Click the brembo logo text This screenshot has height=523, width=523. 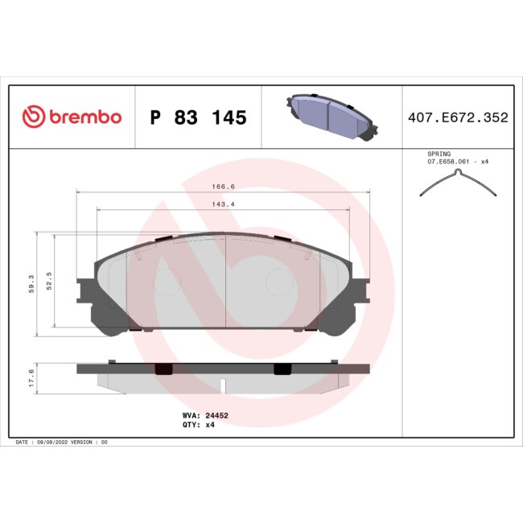85,117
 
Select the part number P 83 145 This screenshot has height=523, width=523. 199,118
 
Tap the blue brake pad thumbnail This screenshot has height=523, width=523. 331,117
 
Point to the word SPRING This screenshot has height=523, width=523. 439,153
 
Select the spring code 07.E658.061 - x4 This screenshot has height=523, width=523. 458,162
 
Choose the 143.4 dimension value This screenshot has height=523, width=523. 223,204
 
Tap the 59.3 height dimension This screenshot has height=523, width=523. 31,284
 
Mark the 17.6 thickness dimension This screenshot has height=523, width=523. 31,377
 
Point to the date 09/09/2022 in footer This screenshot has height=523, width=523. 57,443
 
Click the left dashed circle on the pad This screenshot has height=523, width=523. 167,282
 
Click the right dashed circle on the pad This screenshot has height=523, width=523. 279,282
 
